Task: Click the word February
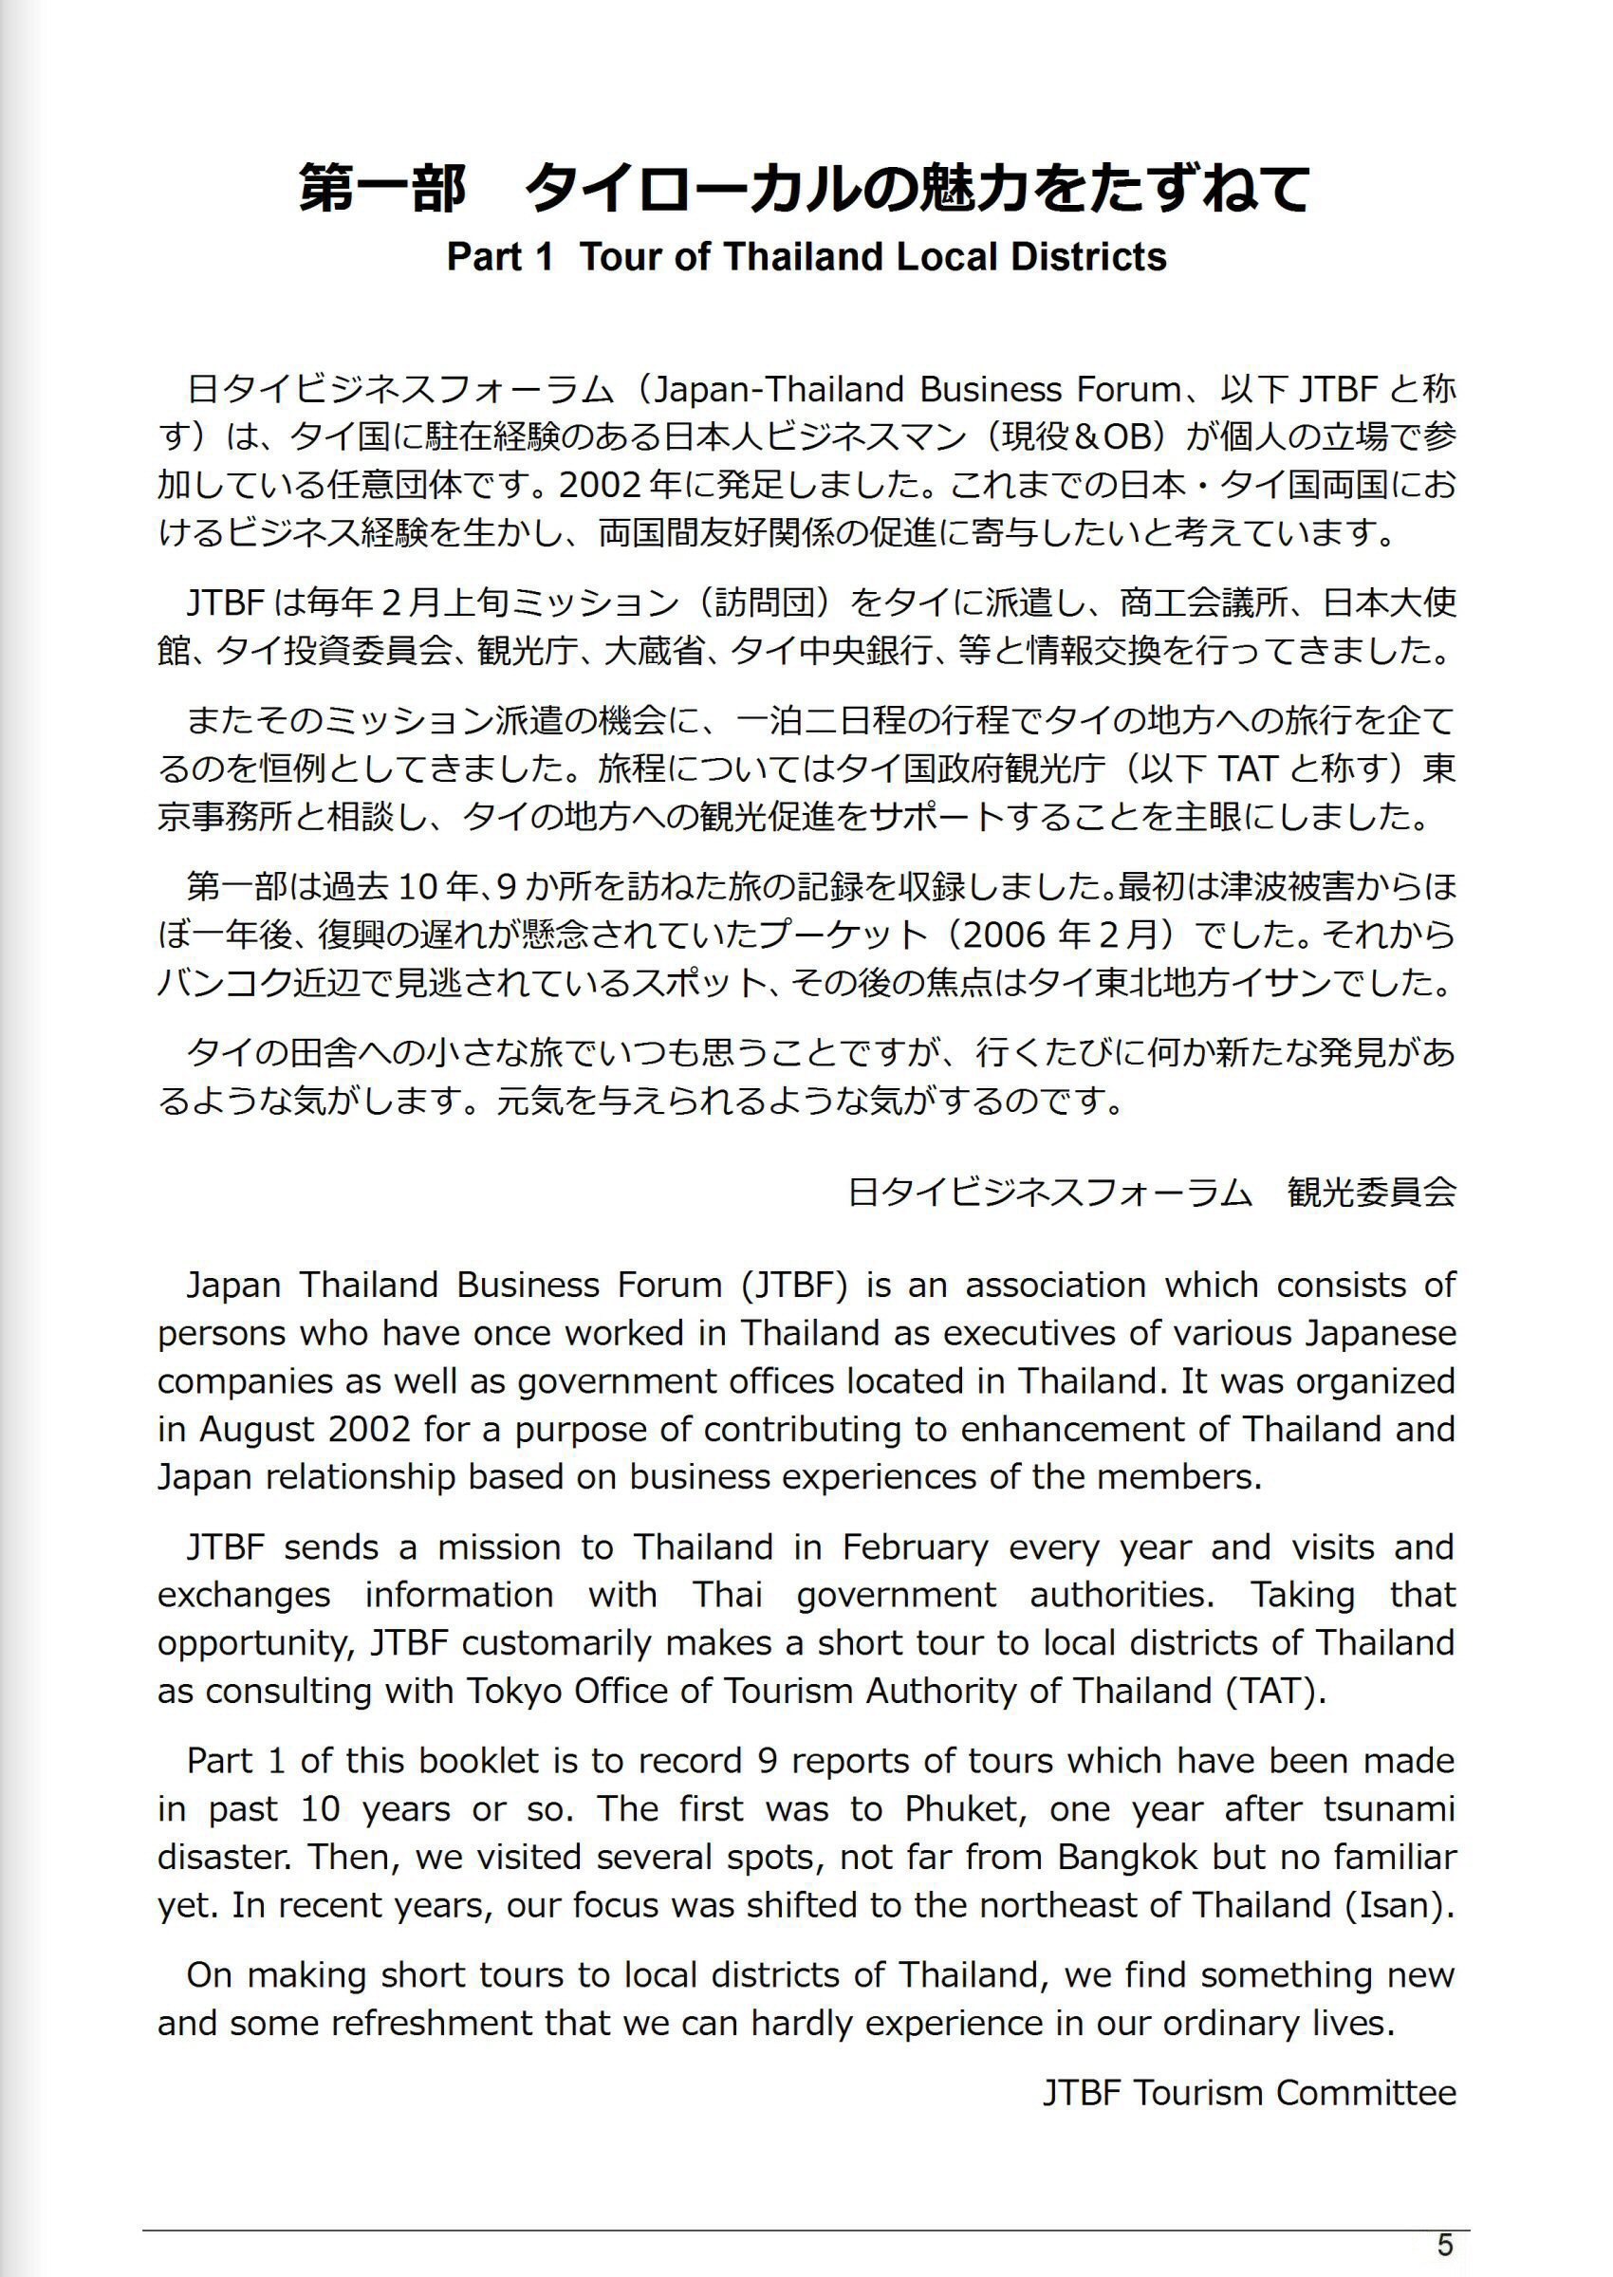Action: click(915, 1547)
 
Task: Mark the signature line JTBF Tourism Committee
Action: click(1250, 2092)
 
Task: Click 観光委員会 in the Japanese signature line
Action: click(1372, 1192)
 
